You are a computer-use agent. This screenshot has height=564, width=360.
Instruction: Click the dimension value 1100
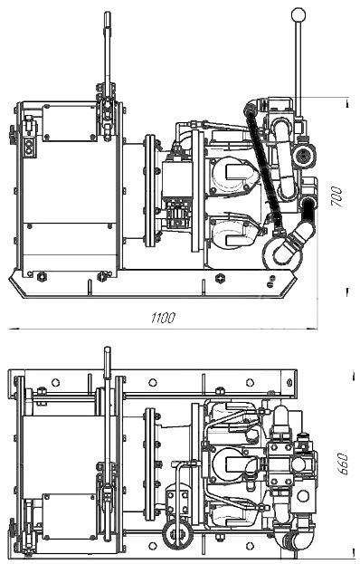163,318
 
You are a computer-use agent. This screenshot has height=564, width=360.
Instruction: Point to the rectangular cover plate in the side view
70,121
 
